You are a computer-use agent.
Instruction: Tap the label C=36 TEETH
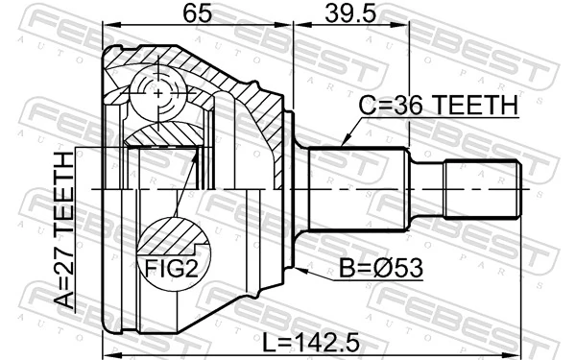pos(438,106)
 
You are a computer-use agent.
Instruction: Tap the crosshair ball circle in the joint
pos(158,93)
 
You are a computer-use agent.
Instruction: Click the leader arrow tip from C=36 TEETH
pos(344,147)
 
